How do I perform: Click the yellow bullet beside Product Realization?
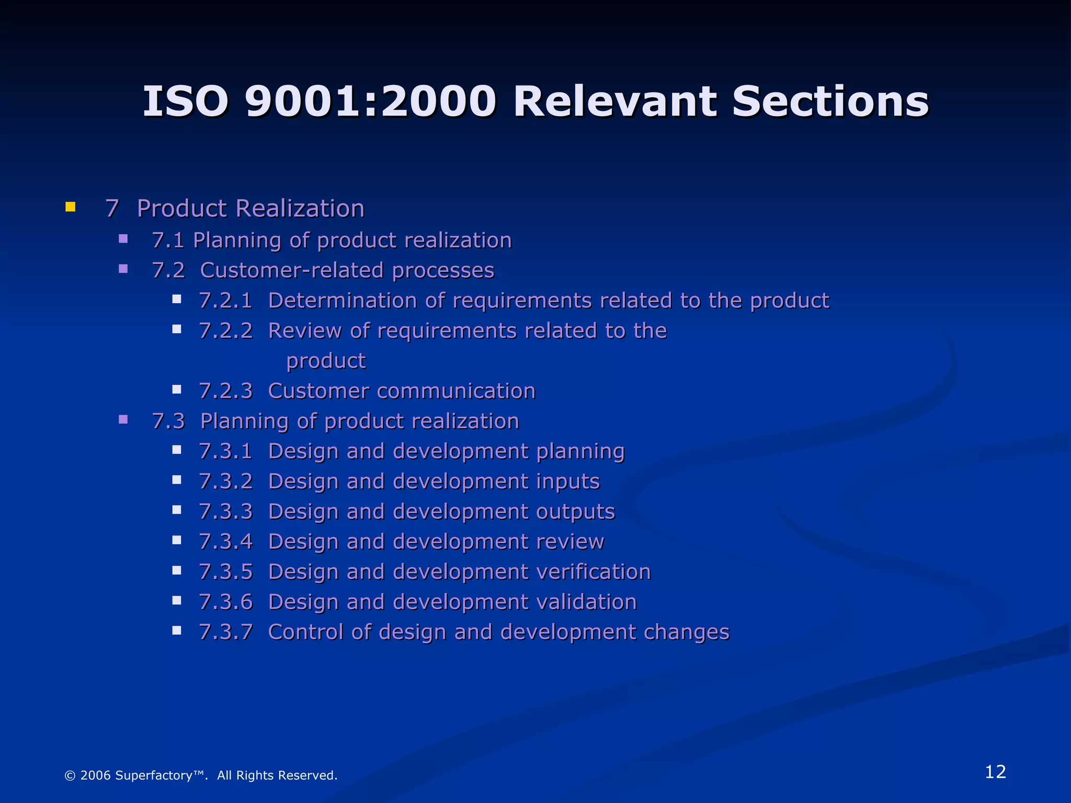tap(71, 207)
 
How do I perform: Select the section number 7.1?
tap(168, 240)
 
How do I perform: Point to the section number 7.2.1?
tap(225, 301)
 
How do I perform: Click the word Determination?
tap(342, 301)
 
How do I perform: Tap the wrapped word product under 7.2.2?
tap(326, 361)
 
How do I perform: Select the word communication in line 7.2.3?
tap(455, 392)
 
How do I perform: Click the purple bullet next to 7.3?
tap(123, 419)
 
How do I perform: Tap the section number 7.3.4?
tap(225, 542)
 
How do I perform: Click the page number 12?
tap(995, 772)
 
